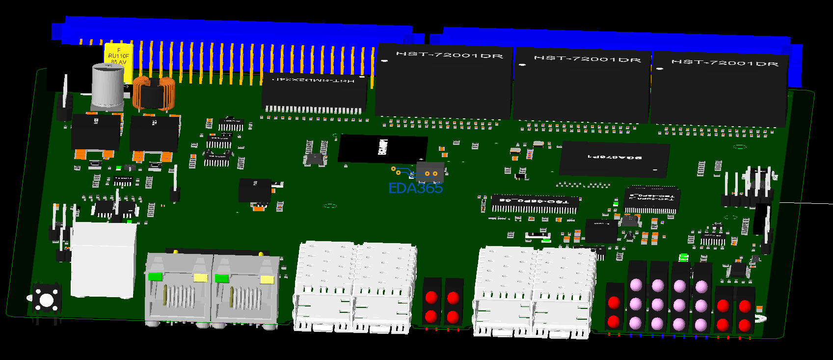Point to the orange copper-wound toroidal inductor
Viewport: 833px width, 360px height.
tap(154, 93)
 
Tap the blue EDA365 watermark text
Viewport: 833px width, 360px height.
tap(415, 188)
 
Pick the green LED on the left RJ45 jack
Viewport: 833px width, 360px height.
tap(155, 277)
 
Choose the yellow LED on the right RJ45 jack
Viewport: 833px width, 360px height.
tap(267, 279)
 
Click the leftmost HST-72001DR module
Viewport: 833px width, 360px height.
tap(444, 81)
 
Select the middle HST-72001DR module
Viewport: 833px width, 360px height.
tap(582, 84)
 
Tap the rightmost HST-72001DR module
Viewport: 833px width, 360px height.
tap(720, 88)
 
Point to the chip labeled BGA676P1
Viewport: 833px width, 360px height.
tap(615, 158)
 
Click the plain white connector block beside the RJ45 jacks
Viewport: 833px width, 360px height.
tap(103, 259)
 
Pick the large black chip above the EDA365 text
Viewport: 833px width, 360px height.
tap(383, 148)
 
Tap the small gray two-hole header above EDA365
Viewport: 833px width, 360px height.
tap(430, 172)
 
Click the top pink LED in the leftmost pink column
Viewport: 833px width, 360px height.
tap(636, 285)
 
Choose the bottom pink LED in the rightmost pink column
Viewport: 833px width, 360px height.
tap(701, 325)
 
